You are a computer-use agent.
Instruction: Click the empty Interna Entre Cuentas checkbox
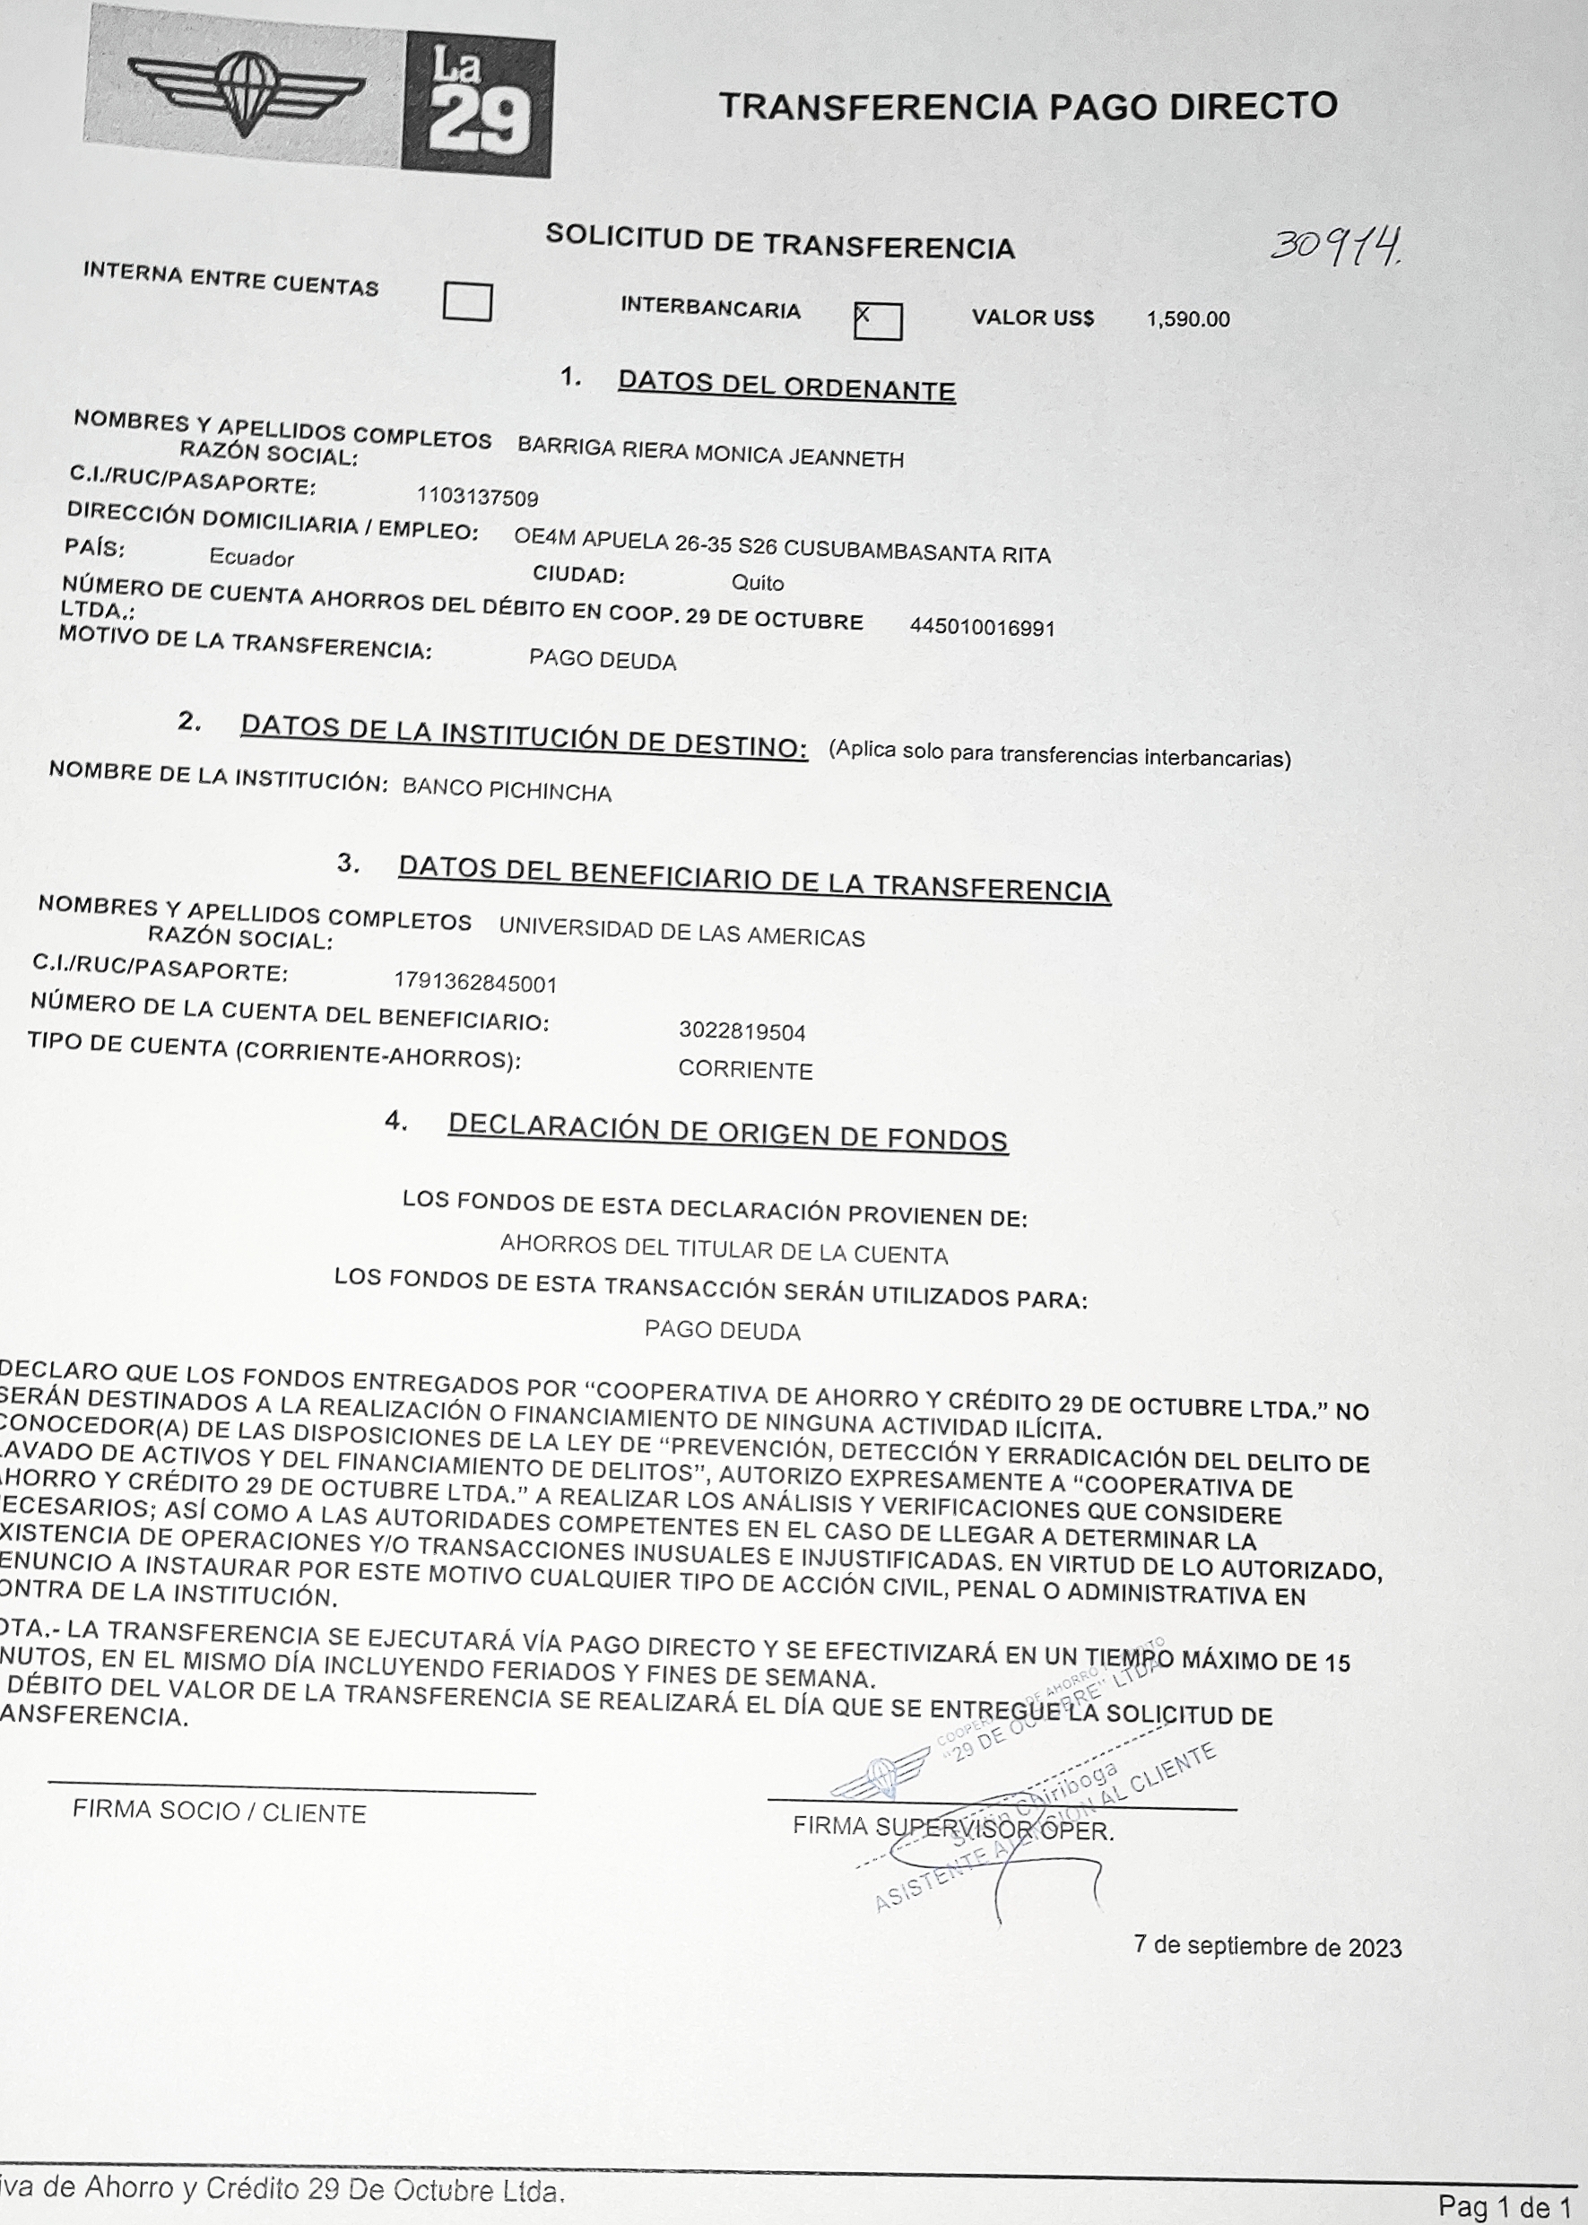[466, 301]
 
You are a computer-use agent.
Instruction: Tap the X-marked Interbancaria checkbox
[877, 321]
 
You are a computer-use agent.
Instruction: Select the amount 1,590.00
[1187, 320]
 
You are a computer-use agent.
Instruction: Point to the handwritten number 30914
[1336, 245]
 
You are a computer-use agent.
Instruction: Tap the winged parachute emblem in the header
[246, 91]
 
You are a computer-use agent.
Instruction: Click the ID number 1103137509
[477, 498]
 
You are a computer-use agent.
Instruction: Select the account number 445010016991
[982, 628]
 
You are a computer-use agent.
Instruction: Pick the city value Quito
[757, 583]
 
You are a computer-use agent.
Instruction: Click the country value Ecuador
[251, 559]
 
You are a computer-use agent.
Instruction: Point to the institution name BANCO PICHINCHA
[507, 790]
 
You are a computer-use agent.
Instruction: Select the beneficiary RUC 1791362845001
[475, 983]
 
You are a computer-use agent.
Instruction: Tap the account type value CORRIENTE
[745, 1070]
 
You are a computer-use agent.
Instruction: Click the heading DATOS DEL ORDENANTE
[786, 387]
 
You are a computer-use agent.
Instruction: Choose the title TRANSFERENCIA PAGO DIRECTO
[1028, 106]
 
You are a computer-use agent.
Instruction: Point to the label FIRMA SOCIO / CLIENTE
[219, 1812]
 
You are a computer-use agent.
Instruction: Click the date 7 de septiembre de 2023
[1267, 1946]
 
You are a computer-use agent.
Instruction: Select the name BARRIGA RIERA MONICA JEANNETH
[710, 453]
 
